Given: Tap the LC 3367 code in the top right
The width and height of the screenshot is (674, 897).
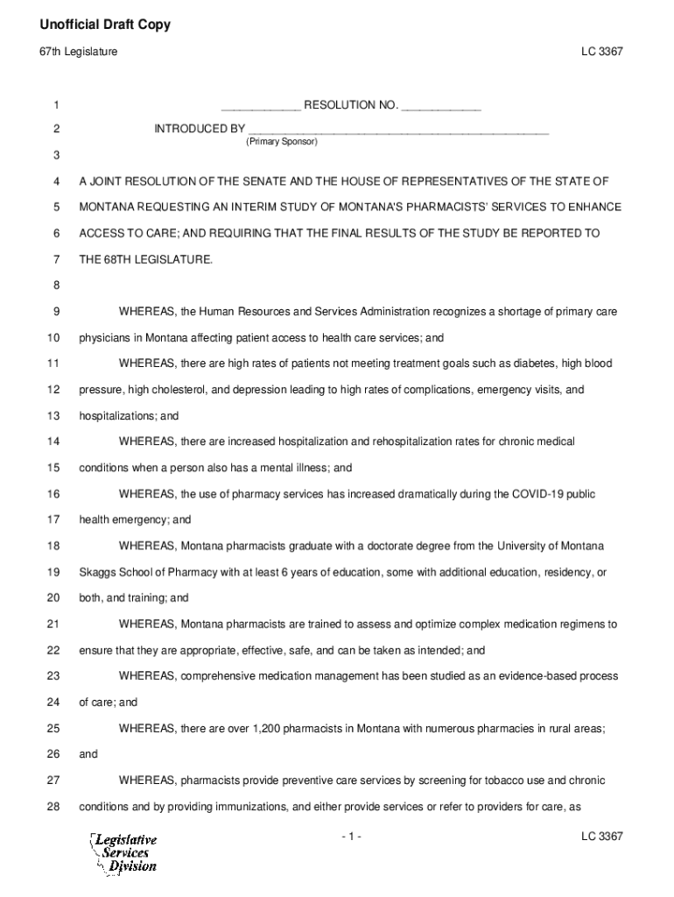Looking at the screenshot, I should pos(601,53).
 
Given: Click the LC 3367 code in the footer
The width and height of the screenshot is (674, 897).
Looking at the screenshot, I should pos(601,837).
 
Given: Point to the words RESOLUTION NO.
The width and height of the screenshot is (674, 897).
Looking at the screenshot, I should pos(350,106).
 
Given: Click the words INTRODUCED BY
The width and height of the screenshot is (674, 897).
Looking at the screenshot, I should pos(200,129).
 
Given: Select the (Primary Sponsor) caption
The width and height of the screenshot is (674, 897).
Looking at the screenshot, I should pos(282,141).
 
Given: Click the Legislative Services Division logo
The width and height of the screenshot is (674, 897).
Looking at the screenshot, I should pos(123,852).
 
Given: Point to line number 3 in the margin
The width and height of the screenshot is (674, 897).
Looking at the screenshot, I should pos(56,155).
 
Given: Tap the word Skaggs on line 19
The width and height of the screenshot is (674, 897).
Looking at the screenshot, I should pos(96,572).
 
